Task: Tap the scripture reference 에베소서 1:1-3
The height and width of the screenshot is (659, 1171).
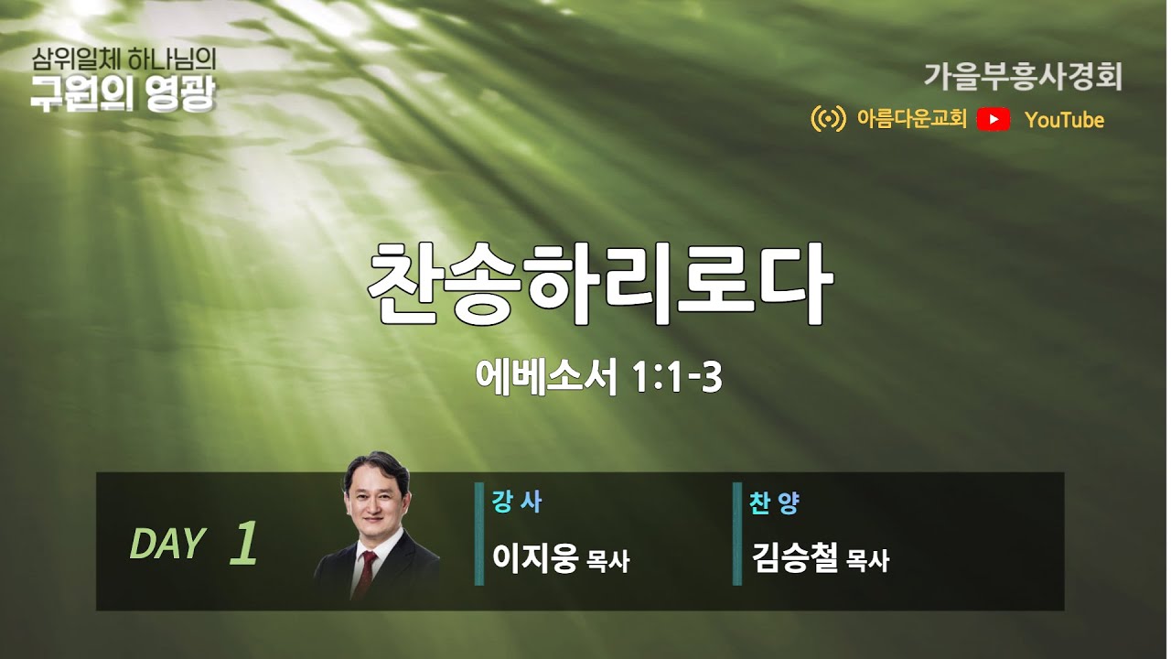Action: coord(599,377)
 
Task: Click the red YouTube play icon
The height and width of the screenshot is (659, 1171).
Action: coord(994,119)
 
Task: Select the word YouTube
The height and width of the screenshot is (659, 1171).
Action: coord(1064,120)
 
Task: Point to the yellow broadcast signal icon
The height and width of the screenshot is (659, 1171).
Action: coord(828,119)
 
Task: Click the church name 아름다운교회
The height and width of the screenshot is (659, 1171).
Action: coord(911,119)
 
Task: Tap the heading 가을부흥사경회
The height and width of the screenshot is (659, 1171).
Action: coord(1022,76)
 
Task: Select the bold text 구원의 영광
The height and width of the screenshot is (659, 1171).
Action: coord(124,94)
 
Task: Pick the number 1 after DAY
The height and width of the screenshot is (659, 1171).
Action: coord(243,544)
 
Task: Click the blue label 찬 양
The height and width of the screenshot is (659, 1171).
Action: coord(774,502)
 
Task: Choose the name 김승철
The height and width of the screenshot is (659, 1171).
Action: coord(793,556)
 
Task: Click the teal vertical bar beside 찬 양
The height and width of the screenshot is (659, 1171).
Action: coord(737,534)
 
